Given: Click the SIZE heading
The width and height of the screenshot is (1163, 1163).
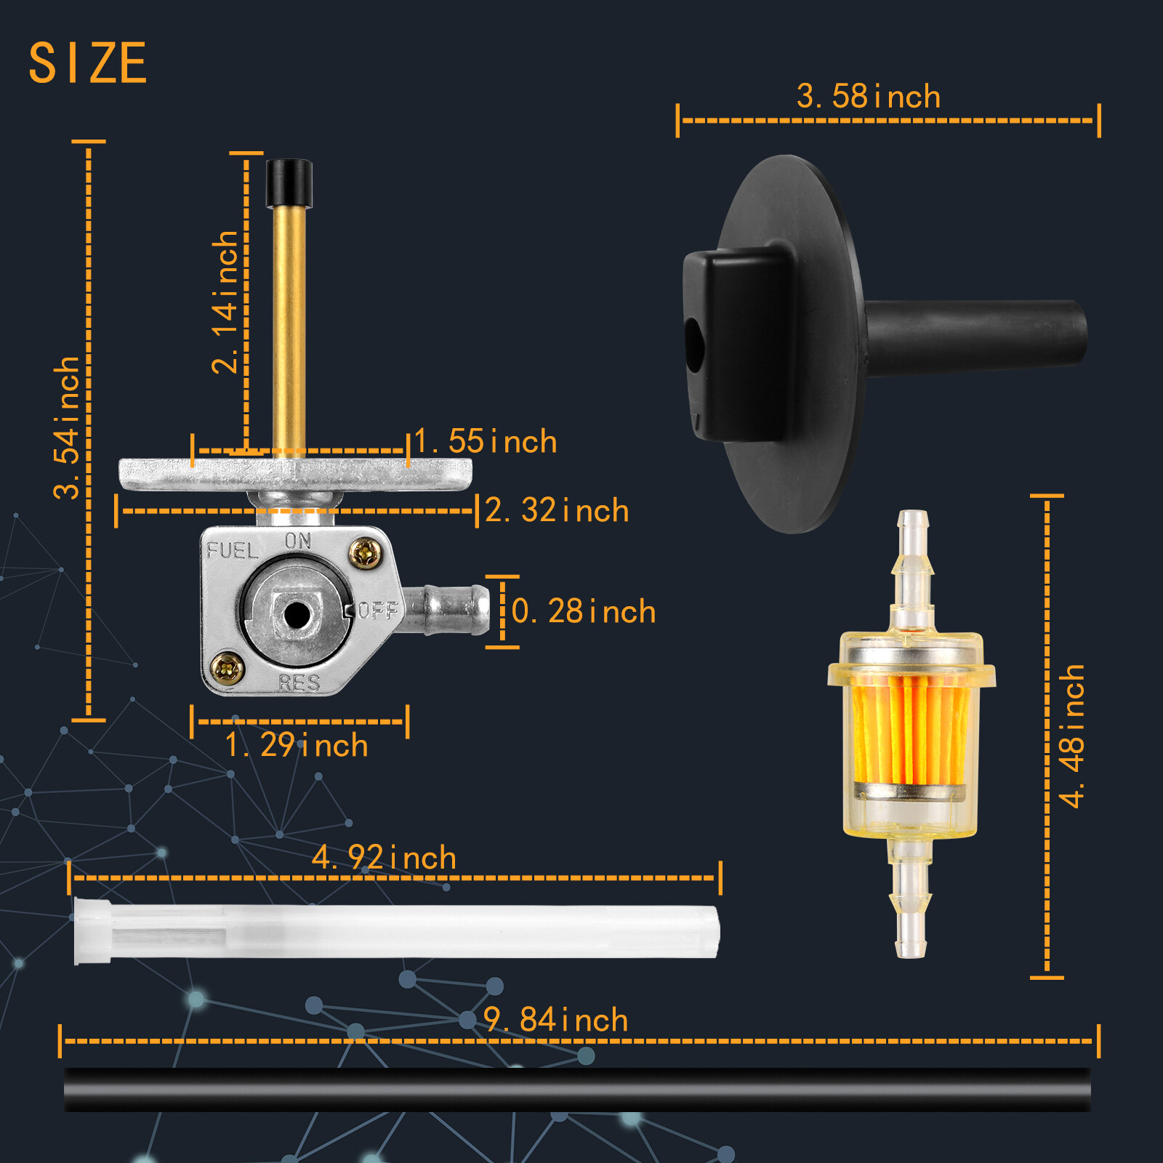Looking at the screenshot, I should click(88, 63).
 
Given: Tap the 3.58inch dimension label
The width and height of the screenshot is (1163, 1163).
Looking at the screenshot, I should click(868, 97).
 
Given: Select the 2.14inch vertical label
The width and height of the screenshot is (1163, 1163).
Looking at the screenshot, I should click(225, 302).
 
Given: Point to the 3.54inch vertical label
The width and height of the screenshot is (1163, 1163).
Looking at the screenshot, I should click(67, 427).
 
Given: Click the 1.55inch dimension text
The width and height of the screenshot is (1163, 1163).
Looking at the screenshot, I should click(486, 442).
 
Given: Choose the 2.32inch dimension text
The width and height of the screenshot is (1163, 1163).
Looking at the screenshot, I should click(556, 510).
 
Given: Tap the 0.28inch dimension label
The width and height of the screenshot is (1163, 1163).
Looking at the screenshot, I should click(583, 611).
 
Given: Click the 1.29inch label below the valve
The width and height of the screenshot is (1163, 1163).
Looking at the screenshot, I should click(297, 746).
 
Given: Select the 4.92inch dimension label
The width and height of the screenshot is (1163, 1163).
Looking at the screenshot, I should click(384, 858).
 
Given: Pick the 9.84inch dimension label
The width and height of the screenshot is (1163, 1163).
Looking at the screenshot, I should click(555, 1020).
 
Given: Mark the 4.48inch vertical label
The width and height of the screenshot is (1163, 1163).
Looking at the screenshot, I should click(1072, 736).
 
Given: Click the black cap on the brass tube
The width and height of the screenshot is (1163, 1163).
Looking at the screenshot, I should click(289, 183).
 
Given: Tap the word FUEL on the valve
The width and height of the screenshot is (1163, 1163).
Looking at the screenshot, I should click(232, 551).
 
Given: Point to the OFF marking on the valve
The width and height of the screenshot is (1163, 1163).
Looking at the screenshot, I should click(378, 610).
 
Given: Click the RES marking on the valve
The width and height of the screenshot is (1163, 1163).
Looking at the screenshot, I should click(299, 683).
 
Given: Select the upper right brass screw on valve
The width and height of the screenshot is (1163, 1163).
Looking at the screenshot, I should click(365, 554).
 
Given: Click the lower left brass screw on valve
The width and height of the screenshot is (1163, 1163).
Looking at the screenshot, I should click(228, 668).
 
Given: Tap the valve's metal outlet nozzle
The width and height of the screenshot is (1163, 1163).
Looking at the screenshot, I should click(454, 609).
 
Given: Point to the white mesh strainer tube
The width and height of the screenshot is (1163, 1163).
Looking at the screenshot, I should click(396, 931).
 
